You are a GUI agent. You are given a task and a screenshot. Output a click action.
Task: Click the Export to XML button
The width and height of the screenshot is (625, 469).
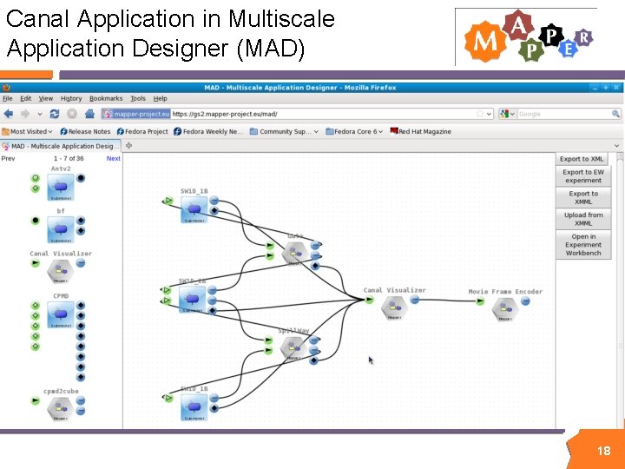(582, 159)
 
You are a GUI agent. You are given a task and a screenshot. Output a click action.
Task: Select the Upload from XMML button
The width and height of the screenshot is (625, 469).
(582, 219)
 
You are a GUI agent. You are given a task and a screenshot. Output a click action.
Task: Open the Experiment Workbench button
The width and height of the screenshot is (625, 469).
(582, 245)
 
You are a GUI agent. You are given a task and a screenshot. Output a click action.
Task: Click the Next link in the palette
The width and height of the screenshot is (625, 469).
(113, 159)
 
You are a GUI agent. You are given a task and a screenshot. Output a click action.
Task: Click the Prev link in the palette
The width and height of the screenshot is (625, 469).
(8, 159)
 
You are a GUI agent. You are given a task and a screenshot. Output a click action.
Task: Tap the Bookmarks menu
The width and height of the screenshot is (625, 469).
(106, 99)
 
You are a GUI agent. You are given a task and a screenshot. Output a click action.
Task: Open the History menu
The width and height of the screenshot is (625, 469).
(71, 99)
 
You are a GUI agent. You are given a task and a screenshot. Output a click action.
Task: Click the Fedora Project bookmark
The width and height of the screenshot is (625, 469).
(146, 132)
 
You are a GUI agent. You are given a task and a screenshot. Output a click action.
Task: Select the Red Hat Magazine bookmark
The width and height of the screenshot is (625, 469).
(424, 132)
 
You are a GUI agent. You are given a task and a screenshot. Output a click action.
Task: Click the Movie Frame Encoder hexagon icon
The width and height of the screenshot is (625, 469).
(504, 306)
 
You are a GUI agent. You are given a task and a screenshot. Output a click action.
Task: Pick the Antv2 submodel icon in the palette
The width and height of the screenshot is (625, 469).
(60, 186)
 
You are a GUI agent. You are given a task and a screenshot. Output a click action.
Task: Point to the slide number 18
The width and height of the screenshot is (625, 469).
(603, 451)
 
